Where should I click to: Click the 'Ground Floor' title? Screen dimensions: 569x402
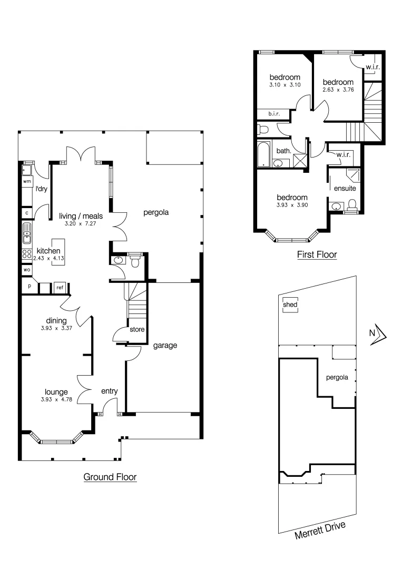point(110,477)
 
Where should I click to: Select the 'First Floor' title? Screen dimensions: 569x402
point(316,255)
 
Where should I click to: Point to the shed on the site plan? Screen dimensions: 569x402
point(290,305)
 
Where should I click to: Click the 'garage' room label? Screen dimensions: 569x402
point(165,346)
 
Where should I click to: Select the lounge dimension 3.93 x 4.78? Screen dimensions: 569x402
point(56,399)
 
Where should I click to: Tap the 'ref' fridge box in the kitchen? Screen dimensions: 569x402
point(60,288)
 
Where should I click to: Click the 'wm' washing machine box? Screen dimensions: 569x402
point(26,181)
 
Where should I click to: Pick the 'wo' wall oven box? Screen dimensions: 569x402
point(26,270)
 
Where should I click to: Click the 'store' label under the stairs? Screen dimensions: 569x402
point(137,330)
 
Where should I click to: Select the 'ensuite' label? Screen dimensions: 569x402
point(345,188)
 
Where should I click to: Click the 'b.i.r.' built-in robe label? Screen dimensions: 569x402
point(273,114)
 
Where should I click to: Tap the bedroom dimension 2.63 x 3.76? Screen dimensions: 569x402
point(338,90)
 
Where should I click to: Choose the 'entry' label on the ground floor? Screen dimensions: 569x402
point(109,391)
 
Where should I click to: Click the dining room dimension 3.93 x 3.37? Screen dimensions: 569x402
point(56,328)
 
